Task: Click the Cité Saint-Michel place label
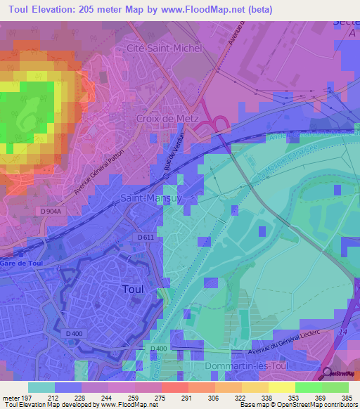[164, 48]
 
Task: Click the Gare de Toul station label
[22, 262]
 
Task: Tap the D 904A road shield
[51, 210]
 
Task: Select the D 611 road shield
[146, 238]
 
